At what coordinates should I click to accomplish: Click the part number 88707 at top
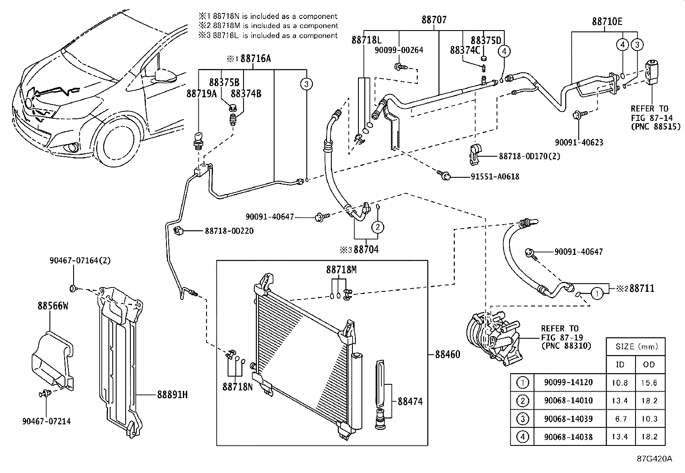(x=434, y=20)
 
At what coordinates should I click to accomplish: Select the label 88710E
(x=607, y=22)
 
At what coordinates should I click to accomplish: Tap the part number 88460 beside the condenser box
(x=447, y=354)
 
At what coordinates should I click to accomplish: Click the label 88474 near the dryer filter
(x=410, y=401)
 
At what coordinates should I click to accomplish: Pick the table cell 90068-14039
(x=568, y=419)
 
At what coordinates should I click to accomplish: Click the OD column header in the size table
(x=649, y=365)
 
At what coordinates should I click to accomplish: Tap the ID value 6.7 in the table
(x=620, y=419)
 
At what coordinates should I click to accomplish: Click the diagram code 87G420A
(x=654, y=458)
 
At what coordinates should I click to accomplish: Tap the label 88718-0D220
(x=229, y=231)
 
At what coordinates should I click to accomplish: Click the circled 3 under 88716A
(x=306, y=84)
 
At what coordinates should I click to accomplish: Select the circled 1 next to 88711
(x=596, y=294)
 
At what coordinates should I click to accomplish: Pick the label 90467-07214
(x=46, y=421)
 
